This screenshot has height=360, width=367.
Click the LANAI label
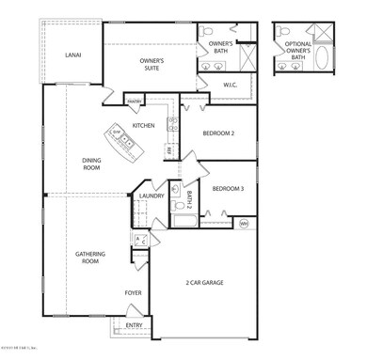[72, 55]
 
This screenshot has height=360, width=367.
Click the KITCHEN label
[143, 125]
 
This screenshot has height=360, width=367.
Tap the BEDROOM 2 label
[219, 133]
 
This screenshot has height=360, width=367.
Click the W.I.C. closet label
[231, 86]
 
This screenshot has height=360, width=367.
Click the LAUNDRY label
[152, 196]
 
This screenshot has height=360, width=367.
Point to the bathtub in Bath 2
[183, 223]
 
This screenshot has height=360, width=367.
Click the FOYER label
[135, 292]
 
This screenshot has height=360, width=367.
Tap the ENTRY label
[135, 326]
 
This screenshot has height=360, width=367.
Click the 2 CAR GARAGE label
[214, 282]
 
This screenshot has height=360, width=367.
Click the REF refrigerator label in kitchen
[168, 149]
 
